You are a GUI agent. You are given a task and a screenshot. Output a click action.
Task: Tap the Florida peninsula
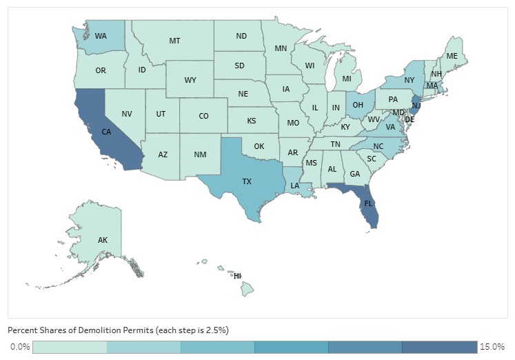point(369,204)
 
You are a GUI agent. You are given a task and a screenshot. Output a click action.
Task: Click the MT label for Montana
point(175,41)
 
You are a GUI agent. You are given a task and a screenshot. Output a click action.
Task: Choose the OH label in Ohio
point(358,106)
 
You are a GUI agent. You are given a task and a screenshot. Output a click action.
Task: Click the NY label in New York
point(409,80)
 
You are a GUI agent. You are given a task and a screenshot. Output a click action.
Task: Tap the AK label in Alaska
point(102,240)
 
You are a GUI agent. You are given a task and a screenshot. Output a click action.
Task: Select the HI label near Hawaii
point(237,276)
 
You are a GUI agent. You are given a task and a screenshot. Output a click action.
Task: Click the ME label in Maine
point(452,56)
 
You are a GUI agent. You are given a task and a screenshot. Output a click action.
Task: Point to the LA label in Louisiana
point(295,186)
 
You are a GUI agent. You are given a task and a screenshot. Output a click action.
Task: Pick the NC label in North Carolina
point(378,147)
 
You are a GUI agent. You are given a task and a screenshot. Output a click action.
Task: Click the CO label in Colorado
point(203,116)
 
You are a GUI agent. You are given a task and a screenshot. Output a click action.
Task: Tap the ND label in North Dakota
point(241,36)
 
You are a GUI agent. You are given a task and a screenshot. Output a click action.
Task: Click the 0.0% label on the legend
point(20,346)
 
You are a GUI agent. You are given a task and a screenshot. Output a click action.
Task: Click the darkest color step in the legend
point(439,346)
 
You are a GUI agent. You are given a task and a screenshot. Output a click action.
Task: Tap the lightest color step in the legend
point(70,346)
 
